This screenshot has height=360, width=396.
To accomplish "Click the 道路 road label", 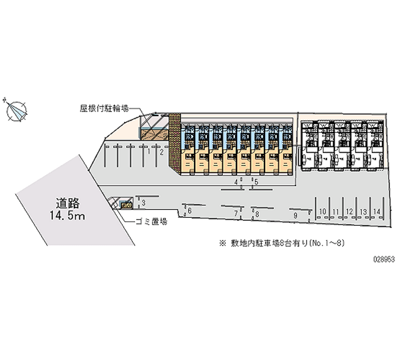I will [x=68, y=203].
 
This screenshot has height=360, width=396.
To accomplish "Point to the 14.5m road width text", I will [x=68, y=215].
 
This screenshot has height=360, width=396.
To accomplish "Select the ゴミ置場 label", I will [x=151, y=221].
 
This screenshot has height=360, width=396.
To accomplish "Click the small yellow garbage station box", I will [x=127, y=204].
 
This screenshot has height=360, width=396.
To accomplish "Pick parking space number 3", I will [x=144, y=203].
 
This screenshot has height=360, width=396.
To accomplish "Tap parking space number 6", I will [x=190, y=211].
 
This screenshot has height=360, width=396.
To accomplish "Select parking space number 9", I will [x=295, y=215].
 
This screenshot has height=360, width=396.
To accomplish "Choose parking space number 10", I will [x=322, y=212].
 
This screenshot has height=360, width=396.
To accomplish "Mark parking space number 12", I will [x=349, y=212].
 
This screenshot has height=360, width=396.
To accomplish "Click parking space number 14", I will [x=377, y=212].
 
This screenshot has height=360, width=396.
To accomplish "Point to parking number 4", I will [x=236, y=182].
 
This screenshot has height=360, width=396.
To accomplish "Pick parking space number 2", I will [x=161, y=152].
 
